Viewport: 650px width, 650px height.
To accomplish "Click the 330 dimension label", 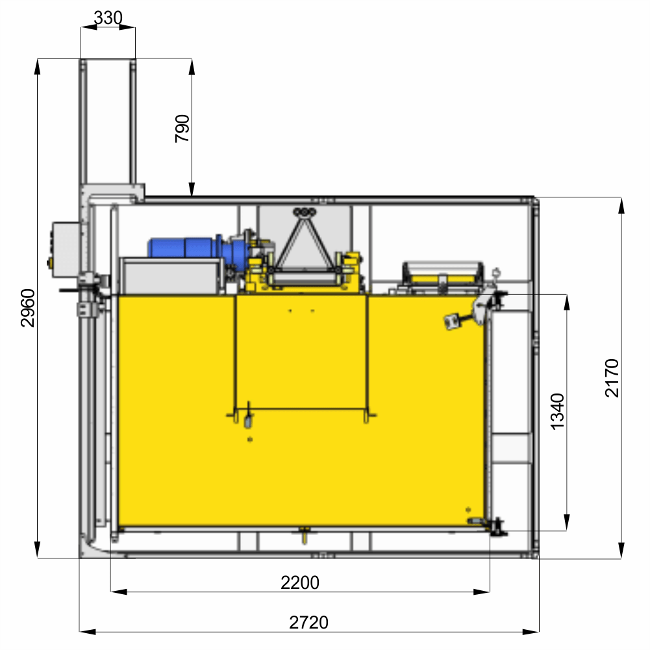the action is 108,18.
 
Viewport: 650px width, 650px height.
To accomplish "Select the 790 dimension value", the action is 182,129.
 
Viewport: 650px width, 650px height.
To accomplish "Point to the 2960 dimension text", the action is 28,308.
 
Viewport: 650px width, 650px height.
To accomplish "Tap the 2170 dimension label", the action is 612,378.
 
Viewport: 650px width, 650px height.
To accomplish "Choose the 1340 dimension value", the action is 558,412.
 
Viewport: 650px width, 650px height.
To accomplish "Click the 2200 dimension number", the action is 300,582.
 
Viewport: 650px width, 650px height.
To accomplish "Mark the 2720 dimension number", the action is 309,622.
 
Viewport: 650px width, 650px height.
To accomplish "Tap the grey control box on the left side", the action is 66,249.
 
